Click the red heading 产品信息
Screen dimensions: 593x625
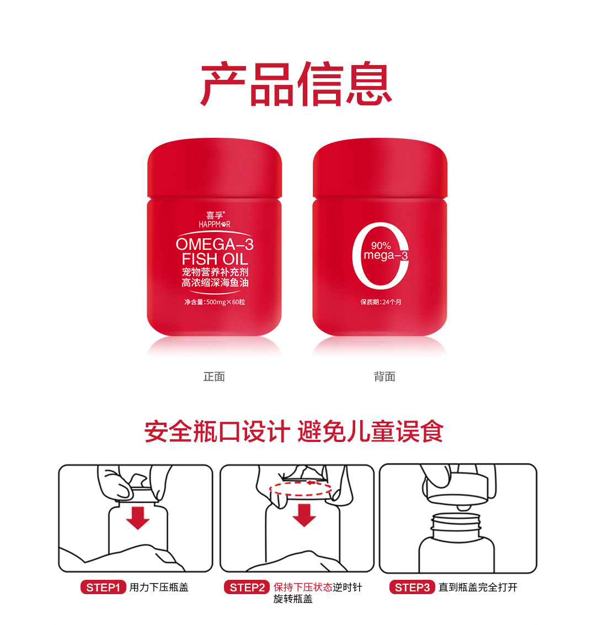pyautogui.click(x=296, y=84)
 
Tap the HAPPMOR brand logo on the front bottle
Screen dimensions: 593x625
pyautogui.click(x=215, y=219)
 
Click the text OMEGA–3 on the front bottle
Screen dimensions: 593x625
pyautogui.click(x=215, y=244)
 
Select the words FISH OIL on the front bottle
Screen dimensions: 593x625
pyautogui.click(x=215, y=259)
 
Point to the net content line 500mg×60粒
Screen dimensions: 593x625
pyautogui.click(x=215, y=301)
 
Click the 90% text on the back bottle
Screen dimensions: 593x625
pyautogui.click(x=381, y=246)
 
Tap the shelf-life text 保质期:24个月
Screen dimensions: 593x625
pyautogui.click(x=381, y=301)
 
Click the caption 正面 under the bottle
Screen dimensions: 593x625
pyautogui.click(x=214, y=376)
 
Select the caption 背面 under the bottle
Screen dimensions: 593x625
pyautogui.click(x=384, y=376)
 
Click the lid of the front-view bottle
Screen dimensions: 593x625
pyautogui.click(x=215, y=168)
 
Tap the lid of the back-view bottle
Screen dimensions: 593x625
pyautogui.click(x=380, y=168)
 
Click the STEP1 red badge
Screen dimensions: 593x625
pyautogui.click(x=103, y=587)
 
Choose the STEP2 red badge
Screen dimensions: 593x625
pyautogui.click(x=247, y=587)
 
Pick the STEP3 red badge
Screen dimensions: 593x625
pyautogui.click(x=412, y=587)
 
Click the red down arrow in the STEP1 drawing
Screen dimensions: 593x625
pyautogui.click(x=138, y=518)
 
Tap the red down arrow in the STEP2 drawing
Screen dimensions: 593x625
pyautogui.click(x=304, y=515)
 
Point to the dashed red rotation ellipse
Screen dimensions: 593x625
pyautogui.click(x=301, y=496)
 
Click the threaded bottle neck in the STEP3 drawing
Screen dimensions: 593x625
pyautogui.click(x=456, y=526)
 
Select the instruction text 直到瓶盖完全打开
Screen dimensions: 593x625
pyautogui.click(x=478, y=587)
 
